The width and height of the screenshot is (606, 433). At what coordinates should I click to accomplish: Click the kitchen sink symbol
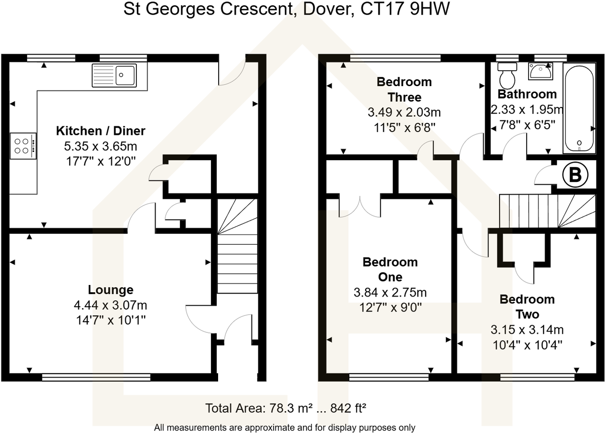[x=114, y=75]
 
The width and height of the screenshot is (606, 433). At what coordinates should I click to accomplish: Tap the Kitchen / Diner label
[x=101, y=131]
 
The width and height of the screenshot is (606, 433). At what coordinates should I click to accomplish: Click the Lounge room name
[x=110, y=290]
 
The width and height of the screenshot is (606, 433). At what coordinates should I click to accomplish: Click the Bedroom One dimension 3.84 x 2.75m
[x=390, y=293]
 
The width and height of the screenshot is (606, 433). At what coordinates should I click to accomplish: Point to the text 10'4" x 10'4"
[x=527, y=345]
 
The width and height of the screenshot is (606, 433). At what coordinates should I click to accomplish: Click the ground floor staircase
[x=237, y=247]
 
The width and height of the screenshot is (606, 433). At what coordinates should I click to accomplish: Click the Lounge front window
[x=96, y=377]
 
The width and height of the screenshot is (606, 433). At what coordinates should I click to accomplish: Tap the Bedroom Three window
[x=395, y=58]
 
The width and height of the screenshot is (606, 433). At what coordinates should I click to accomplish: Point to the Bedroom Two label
[x=527, y=307]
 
